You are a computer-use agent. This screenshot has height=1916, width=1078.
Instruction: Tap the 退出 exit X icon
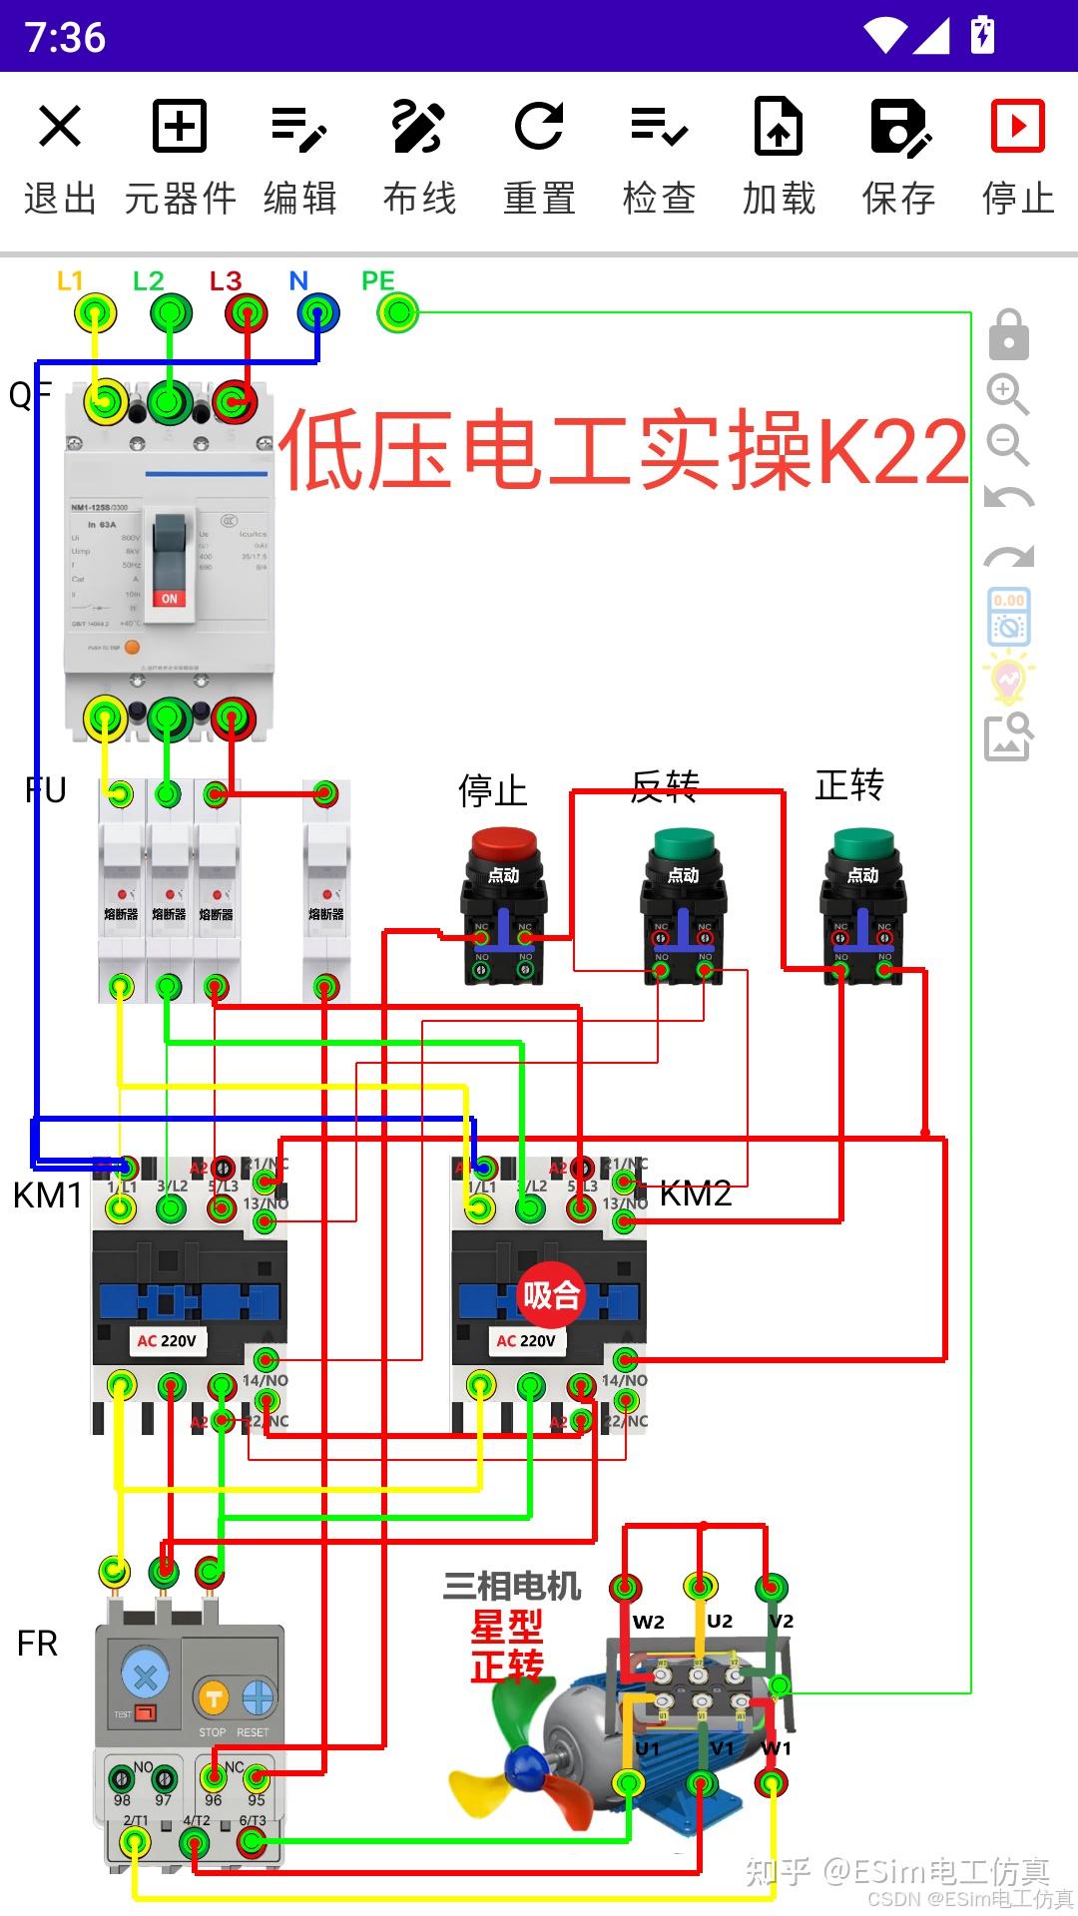(x=60, y=127)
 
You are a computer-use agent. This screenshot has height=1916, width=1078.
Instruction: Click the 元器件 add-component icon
(x=180, y=127)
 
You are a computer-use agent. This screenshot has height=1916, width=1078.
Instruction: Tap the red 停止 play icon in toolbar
(x=1017, y=127)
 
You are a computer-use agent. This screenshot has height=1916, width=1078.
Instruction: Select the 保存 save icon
(x=898, y=127)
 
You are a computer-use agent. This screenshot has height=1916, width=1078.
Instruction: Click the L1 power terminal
(x=95, y=313)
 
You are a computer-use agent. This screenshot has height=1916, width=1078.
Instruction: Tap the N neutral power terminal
(x=318, y=313)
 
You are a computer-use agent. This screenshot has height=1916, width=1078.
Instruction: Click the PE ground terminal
(x=398, y=313)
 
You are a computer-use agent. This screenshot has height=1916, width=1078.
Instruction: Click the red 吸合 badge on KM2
(x=551, y=1295)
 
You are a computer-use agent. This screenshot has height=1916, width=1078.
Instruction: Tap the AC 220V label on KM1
(x=167, y=1341)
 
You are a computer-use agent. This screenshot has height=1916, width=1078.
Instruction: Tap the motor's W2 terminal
(x=626, y=1587)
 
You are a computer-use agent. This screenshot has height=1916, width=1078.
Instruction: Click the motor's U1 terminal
(x=628, y=1783)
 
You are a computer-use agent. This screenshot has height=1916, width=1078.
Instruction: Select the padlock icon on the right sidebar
(x=1008, y=335)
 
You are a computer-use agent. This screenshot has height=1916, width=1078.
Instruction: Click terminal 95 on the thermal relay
(x=257, y=1777)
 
